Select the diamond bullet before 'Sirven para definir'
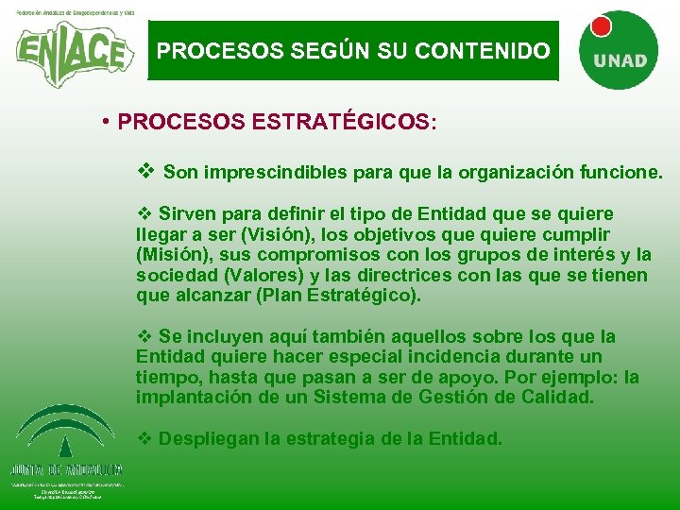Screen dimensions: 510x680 click(145, 213)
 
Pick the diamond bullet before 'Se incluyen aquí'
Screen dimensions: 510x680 click(145, 336)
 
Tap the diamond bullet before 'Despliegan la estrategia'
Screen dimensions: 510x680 click(145, 438)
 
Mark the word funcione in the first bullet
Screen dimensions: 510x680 click(624, 173)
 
